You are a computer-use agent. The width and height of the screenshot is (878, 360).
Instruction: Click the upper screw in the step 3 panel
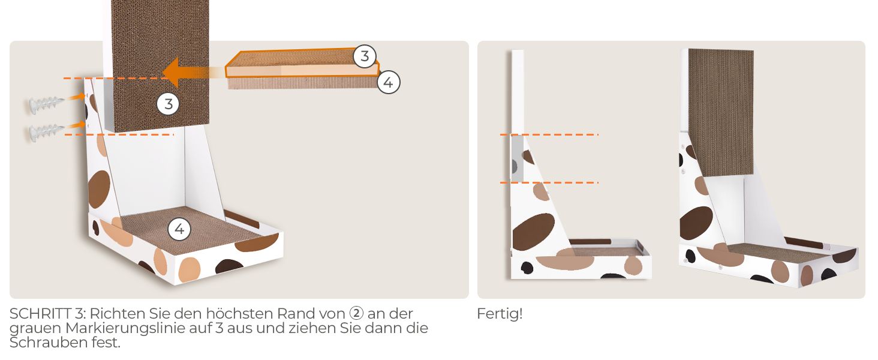[x=46, y=104]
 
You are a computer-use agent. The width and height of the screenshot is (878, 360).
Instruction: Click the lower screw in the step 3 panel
[x=46, y=132]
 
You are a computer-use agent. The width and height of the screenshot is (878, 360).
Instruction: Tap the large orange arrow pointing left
[x=192, y=73]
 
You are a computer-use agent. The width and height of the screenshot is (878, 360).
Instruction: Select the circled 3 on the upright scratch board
[x=168, y=104]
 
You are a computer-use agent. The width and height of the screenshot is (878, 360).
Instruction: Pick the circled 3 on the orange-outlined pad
[x=365, y=56]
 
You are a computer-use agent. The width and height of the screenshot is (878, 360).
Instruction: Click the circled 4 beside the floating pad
[x=389, y=82]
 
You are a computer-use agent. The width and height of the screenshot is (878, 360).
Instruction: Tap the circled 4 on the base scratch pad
[x=179, y=229]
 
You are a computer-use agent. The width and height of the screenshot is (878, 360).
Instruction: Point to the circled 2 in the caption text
[x=356, y=313]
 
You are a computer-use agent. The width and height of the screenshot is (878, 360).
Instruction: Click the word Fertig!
[x=500, y=314]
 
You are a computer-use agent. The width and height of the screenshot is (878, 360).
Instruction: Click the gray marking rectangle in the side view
[x=517, y=159]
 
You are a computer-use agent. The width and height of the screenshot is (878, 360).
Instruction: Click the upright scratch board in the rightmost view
[x=721, y=113]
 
